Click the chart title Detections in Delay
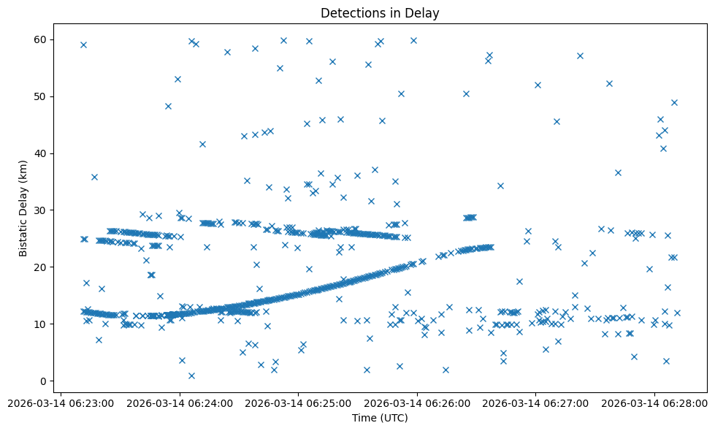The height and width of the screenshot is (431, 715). point(380,13)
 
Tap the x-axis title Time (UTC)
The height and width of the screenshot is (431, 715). point(380,418)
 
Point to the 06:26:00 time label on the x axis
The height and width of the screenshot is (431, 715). point(417,403)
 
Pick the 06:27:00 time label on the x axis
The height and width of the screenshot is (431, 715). point(535,403)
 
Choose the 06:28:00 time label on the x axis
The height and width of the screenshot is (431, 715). point(654,403)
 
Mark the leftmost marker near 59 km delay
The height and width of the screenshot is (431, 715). point(83,45)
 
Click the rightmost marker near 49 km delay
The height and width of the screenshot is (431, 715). point(674,102)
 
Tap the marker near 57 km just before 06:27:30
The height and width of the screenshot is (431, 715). point(580,56)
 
